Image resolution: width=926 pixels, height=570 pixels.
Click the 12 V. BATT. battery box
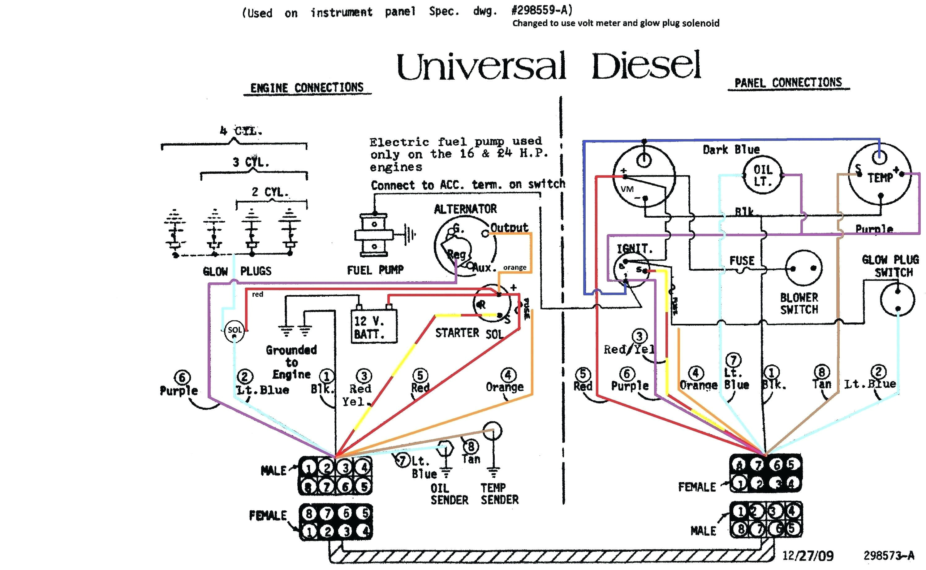click(x=373, y=326)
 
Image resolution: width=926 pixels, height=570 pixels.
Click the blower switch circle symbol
click(x=803, y=268)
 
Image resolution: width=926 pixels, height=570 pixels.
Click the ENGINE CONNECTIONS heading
click(x=307, y=88)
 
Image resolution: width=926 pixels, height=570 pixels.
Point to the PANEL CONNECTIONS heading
click(x=788, y=83)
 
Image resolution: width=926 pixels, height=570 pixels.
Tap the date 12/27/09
click(x=808, y=555)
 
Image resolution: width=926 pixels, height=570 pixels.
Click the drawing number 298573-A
click(x=888, y=555)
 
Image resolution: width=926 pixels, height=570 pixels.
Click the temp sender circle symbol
click(x=492, y=431)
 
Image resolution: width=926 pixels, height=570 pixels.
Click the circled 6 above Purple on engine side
click(x=182, y=377)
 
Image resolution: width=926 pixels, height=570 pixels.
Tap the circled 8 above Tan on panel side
click(x=822, y=372)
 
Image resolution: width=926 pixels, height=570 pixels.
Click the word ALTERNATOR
click(x=465, y=209)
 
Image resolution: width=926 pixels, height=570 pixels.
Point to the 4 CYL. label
click(x=241, y=131)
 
